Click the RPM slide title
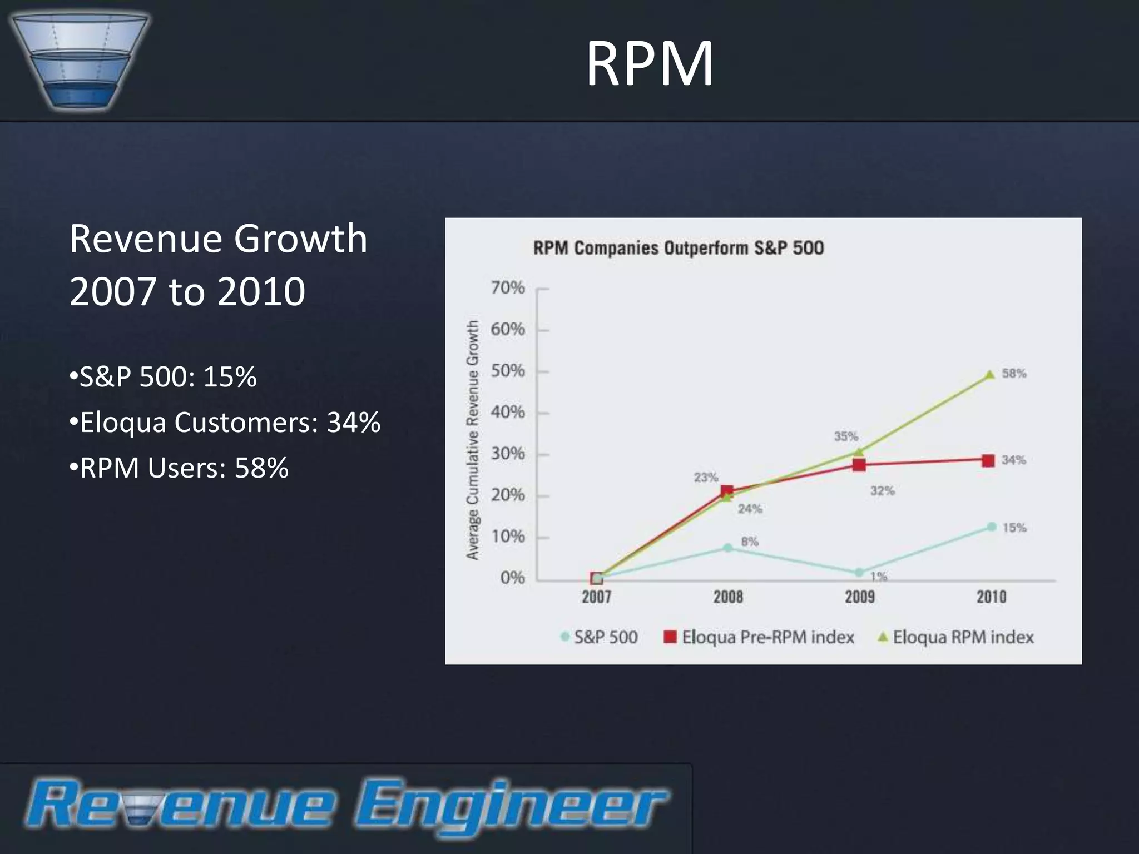[x=650, y=64]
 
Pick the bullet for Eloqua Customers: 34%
[x=225, y=422]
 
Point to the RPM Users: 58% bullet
[x=179, y=468]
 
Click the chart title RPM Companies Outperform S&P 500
[x=679, y=248]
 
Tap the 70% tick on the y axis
[x=507, y=288]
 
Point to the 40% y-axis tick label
[x=507, y=413]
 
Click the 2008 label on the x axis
[x=728, y=597]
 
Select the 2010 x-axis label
[x=991, y=597]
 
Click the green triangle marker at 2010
[x=990, y=375]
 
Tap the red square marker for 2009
[x=859, y=465]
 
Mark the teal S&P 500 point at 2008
[x=727, y=548]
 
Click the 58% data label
[x=1014, y=374]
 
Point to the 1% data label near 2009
[x=879, y=577]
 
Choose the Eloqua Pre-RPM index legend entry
[x=760, y=637]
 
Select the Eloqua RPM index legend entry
[x=956, y=637]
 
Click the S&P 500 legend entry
[x=600, y=637]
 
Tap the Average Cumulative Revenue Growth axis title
[x=473, y=440]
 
